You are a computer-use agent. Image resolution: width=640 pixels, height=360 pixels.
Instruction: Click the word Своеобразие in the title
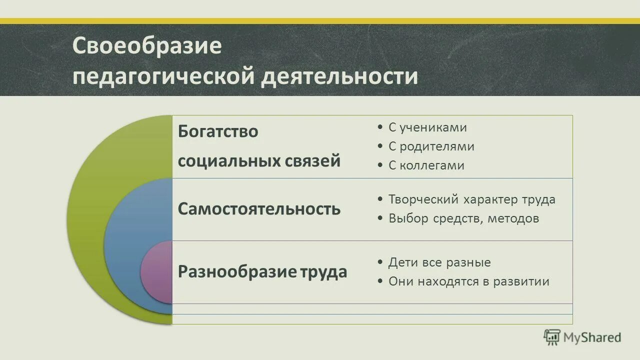[147, 46]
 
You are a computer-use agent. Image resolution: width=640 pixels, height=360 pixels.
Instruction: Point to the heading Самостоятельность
[259, 209]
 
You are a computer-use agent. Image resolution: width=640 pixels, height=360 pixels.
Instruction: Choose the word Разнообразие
[237, 272]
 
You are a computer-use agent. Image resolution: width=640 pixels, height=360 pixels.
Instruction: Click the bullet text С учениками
[427, 127]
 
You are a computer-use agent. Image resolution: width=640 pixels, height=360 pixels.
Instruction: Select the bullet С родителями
[431, 146]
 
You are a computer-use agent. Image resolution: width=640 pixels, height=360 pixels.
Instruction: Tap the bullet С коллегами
[426, 165]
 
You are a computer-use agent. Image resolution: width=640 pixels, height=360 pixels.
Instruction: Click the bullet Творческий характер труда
[472, 199]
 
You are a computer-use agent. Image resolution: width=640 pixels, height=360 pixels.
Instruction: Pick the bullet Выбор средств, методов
[464, 218]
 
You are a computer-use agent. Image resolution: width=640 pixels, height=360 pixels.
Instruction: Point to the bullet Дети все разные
[439, 262]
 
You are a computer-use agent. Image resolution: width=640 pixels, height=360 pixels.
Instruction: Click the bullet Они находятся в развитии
[469, 281]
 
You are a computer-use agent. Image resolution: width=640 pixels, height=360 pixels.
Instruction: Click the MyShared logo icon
[552, 337]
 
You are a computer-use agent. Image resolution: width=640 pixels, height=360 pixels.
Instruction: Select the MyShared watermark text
[592, 337]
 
